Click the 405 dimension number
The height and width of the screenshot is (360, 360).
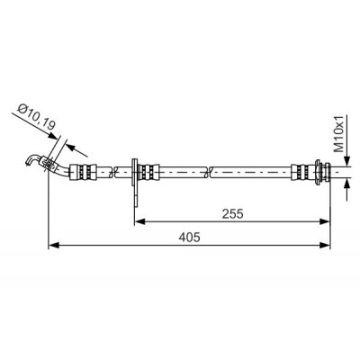[189, 238]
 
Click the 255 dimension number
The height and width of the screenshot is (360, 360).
[232, 214]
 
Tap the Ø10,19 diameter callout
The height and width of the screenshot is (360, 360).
[35, 116]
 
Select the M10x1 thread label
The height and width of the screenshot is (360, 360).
[339, 133]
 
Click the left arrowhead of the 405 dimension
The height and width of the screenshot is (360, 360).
[53, 245]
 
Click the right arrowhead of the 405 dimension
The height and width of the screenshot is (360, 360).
[325, 245]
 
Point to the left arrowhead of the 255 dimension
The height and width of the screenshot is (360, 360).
[139, 221]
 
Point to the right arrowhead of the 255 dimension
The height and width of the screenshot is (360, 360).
[325, 221]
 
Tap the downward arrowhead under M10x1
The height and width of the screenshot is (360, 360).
[347, 160]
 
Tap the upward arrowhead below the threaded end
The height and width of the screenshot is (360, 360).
[347, 183]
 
